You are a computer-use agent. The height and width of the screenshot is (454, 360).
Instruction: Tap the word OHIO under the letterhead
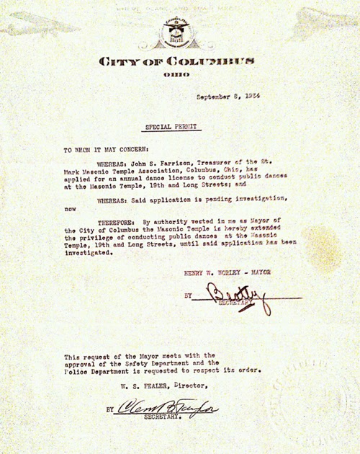point(176,74)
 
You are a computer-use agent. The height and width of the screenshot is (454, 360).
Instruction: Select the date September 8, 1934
point(228,98)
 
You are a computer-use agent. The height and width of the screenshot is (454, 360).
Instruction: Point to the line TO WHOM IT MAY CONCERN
point(100,150)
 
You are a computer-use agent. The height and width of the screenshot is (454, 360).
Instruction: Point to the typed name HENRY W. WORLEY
point(213,273)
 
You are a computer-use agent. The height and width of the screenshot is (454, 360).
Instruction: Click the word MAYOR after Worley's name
point(268,273)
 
